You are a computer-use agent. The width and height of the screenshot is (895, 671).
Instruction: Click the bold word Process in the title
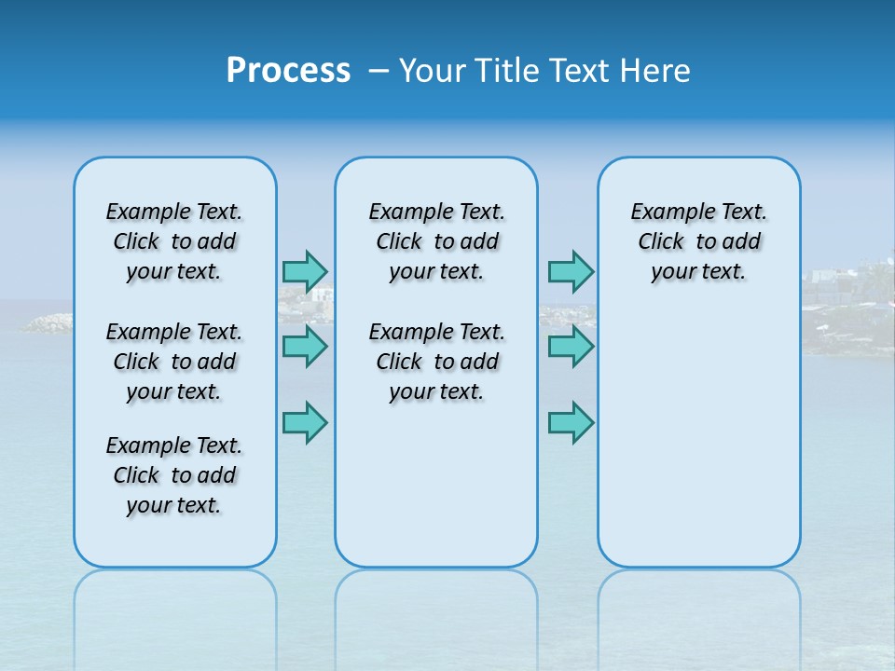point(288,71)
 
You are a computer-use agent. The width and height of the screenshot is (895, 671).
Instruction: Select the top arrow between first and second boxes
point(305,271)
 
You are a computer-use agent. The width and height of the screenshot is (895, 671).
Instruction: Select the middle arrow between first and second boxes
point(305,347)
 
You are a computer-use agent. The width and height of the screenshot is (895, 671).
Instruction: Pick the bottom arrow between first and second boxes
point(305,422)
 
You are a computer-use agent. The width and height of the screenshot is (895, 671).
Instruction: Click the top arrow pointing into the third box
point(571,271)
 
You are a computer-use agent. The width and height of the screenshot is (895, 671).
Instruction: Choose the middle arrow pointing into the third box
point(571,347)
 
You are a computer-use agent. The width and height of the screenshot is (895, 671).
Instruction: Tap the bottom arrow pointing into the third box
point(571,422)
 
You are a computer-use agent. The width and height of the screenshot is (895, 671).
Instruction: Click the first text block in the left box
point(174,241)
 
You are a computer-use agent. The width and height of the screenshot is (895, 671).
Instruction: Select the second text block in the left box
point(174,362)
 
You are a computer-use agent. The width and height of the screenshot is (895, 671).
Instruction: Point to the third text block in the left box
point(174,475)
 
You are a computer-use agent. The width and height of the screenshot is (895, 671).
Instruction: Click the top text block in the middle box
point(436,241)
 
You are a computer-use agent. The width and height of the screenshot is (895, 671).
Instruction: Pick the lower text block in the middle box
point(436,362)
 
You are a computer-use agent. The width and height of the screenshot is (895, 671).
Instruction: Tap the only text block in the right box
point(698,241)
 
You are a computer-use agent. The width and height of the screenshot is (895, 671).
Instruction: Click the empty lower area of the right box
point(698,438)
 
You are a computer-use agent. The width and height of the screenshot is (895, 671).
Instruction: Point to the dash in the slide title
point(379,71)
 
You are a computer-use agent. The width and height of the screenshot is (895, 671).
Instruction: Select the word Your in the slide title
point(434,71)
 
